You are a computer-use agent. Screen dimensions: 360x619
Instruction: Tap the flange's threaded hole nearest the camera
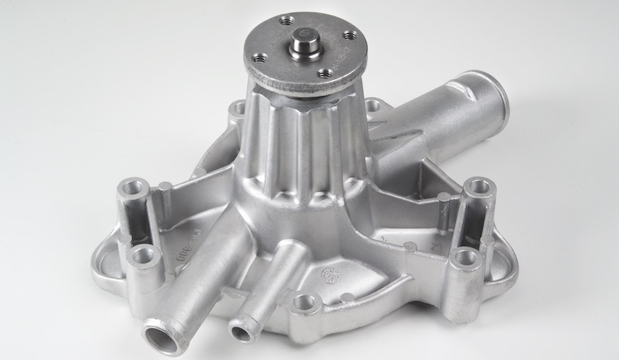[x=325, y=74]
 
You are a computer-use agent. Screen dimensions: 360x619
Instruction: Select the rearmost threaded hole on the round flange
[x=286, y=20]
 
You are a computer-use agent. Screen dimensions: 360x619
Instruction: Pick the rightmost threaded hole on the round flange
[x=349, y=35]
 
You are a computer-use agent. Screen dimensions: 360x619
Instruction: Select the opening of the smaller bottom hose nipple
[x=242, y=333]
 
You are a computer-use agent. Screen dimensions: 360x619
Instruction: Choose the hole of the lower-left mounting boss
[x=141, y=256]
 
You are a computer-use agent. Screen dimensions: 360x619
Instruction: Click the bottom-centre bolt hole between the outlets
[x=306, y=303]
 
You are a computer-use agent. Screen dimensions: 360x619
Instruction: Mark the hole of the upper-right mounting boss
[x=479, y=185]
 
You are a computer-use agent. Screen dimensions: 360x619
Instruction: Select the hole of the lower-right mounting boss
[x=467, y=257]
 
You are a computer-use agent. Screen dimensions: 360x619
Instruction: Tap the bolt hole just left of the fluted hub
[x=237, y=108]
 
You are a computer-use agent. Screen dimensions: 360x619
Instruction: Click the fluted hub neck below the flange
[x=298, y=147]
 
